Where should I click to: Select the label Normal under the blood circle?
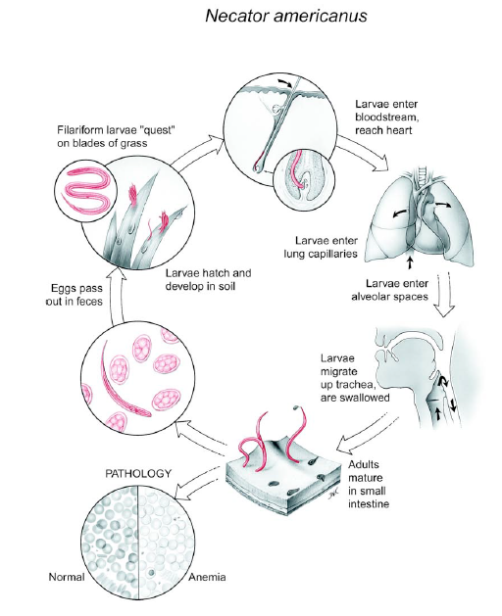[x=67, y=577]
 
